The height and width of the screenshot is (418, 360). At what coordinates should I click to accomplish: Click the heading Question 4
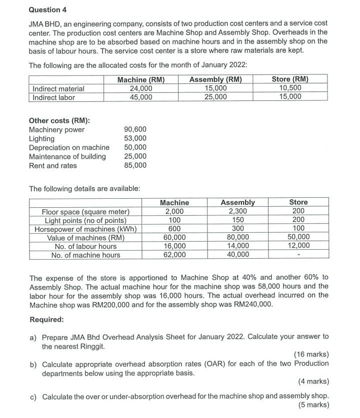click(x=48, y=10)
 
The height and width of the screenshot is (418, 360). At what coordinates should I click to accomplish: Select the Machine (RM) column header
click(x=140, y=79)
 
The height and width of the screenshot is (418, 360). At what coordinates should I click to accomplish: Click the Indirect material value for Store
click(x=290, y=88)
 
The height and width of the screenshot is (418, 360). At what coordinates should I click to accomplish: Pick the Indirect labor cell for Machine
click(x=140, y=97)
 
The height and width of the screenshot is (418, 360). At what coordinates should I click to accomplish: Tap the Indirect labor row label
click(x=53, y=97)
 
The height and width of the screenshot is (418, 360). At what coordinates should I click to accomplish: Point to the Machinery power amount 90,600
click(x=135, y=129)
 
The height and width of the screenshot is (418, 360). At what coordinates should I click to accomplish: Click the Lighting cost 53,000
click(x=135, y=138)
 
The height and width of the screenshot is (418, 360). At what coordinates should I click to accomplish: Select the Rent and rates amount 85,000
click(x=135, y=165)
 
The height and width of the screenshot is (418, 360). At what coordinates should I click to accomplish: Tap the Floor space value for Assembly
click(x=237, y=211)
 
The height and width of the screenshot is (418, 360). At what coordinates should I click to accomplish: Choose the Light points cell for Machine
click(x=174, y=220)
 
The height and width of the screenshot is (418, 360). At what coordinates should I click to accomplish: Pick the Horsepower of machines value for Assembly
click(x=237, y=229)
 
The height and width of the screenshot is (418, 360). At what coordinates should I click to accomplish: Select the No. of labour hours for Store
click(x=298, y=246)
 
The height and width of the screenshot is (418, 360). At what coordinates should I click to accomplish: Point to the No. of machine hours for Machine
click(x=174, y=255)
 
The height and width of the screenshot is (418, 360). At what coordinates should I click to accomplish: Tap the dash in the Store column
click(x=298, y=255)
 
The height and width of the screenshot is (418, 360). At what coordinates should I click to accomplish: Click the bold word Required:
click(x=46, y=319)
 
